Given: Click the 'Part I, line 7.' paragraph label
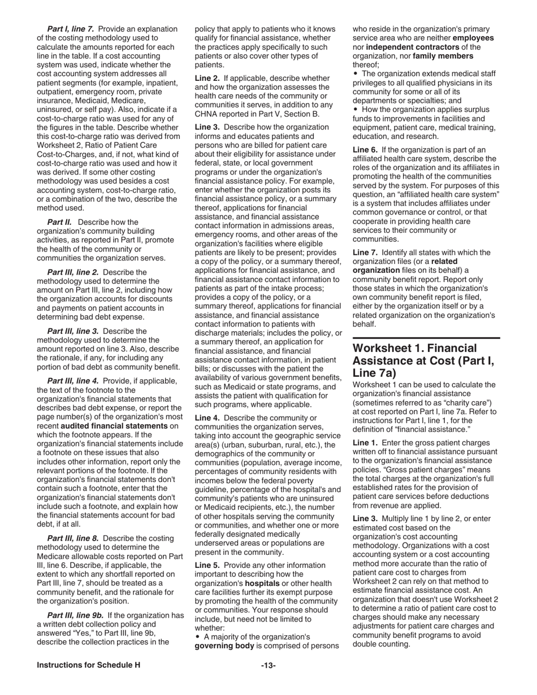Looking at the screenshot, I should coord(71,29).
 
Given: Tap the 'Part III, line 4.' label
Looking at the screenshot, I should coord(73,381).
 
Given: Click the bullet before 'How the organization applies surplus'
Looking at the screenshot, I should coord(356,110).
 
